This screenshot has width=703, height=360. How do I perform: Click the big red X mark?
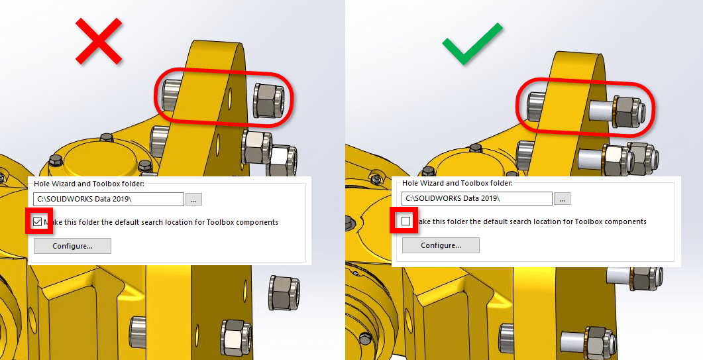pos(99,41)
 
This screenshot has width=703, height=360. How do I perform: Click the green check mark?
pos(472,44)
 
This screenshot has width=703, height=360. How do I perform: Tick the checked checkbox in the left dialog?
pos(38,221)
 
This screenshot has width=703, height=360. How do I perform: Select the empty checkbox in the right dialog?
pos(406,221)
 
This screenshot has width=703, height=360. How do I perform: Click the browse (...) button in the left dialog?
pos(193,200)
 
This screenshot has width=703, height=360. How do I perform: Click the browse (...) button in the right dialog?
pos(563,198)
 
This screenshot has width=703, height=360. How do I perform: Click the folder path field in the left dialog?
pos(109,200)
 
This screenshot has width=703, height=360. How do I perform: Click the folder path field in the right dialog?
pos(477,198)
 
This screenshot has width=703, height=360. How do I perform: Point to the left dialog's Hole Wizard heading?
pos(89,184)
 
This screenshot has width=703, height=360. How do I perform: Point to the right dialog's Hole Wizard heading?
pos(457,183)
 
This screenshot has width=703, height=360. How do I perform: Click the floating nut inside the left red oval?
pos(268,101)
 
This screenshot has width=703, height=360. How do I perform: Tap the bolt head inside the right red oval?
pos(536,106)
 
